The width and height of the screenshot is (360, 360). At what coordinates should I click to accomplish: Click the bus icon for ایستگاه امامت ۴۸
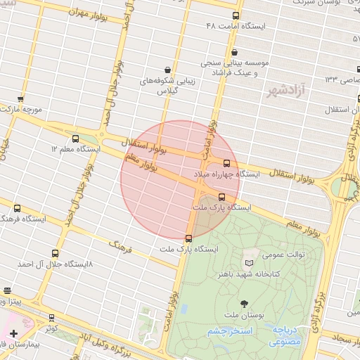point(235,15)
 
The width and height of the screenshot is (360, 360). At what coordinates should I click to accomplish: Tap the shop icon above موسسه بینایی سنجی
point(235,51)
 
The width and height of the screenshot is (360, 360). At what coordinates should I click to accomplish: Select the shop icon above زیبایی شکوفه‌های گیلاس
point(167,69)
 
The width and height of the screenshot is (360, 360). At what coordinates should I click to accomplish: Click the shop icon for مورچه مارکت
point(20,99)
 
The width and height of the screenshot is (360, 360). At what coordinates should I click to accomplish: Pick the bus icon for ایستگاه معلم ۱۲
point(75,138)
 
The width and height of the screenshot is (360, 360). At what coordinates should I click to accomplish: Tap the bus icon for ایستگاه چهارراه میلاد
point(236,162)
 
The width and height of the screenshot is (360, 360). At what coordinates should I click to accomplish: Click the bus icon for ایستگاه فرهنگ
point(17,208)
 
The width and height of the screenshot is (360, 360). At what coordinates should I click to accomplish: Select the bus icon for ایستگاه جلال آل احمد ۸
point(55,254)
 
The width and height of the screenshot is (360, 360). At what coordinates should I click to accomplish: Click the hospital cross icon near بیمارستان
point(13,333)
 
